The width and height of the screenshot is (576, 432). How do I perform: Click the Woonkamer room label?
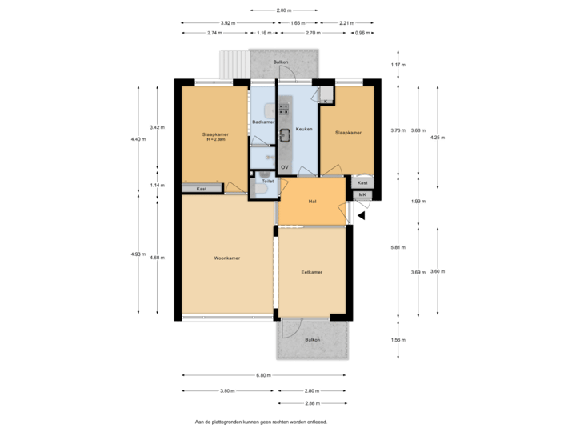coord(227,258)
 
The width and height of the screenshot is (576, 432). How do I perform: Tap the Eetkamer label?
coord(312,273)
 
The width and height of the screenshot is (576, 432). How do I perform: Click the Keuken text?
coord(303,129)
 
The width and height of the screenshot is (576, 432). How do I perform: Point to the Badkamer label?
coord(263,122)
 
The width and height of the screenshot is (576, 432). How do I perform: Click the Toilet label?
coord(268,182)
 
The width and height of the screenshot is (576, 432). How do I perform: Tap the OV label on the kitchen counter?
coord(285,167)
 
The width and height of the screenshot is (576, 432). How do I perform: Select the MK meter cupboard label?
coord(362,194)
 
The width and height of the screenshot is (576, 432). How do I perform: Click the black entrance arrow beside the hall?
coord(362,213)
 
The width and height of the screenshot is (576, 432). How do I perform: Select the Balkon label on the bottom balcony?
coord(312,340)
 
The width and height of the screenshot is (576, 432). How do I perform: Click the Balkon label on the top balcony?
coord(280,61)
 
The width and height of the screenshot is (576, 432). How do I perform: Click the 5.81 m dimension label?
coord(398,246)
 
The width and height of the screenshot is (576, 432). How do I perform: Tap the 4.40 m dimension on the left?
coord(138,139)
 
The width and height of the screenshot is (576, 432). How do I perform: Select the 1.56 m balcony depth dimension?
coord(398,340)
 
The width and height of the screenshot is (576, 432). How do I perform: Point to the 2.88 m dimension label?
coord(312,403)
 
